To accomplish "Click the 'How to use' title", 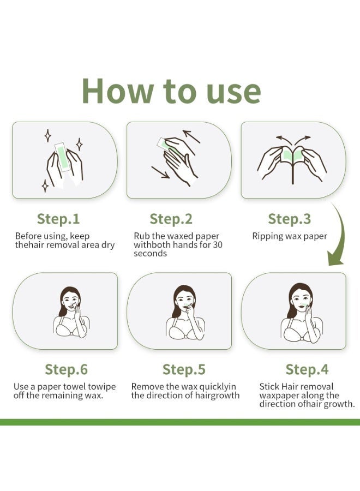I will point(171,91).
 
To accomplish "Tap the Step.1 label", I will point(58,219).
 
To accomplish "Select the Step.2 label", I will point(171,219).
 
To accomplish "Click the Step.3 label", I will point(289,219).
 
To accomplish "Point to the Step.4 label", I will point(307,369).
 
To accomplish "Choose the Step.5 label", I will point(184,369).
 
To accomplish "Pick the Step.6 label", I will point(66,369).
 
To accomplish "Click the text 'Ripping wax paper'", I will point(290,236).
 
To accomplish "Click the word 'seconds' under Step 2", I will point(150,254).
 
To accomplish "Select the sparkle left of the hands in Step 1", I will point(47,135).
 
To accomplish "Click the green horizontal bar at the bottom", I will point(180,422).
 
